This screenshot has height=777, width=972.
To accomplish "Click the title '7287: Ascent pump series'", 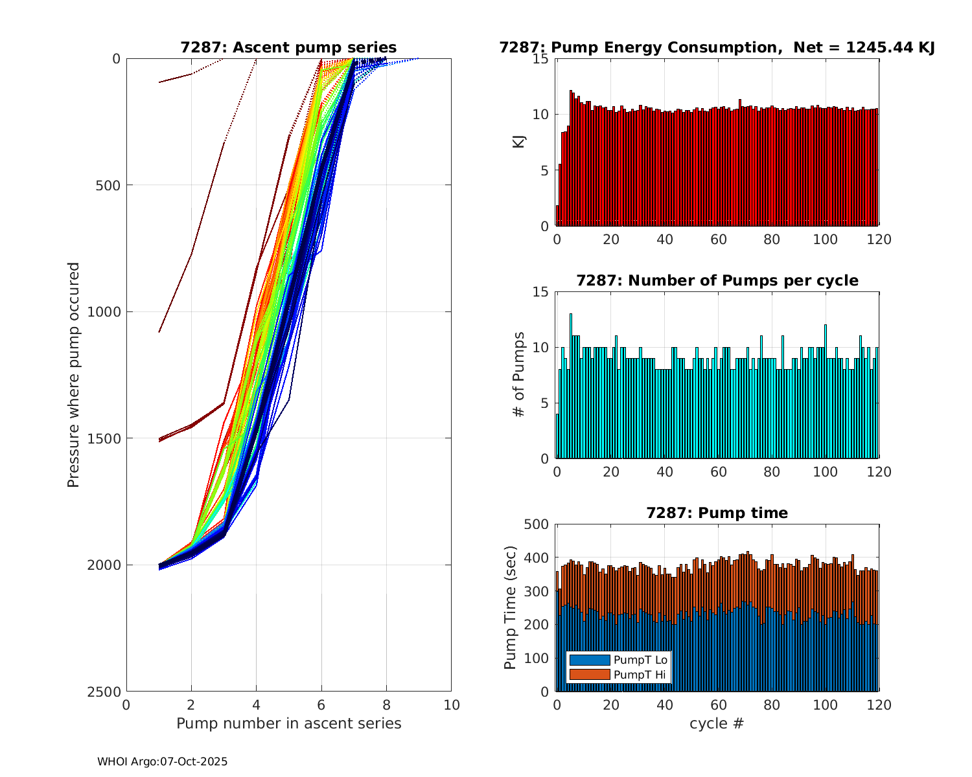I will [288, 48].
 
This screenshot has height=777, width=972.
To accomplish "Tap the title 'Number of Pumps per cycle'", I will [717, 281].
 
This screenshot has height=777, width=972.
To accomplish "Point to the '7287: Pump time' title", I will [717, 513].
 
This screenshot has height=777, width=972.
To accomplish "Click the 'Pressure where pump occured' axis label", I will [74, 374].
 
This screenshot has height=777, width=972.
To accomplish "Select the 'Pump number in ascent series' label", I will [288, 724].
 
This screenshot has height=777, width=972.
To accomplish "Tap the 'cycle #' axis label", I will [717, 724].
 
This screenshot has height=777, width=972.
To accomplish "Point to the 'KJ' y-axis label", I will [518, 141].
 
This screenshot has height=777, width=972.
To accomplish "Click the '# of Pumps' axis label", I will [518, 374].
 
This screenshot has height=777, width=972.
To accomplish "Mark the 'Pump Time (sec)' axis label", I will [511, 607].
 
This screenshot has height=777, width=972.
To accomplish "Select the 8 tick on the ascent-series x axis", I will [386, 705].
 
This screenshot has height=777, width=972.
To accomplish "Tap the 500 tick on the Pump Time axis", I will [537, 524].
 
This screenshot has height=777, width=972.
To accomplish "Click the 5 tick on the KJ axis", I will [544, 171].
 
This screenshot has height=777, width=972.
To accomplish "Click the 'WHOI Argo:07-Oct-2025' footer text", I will [162, 762].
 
